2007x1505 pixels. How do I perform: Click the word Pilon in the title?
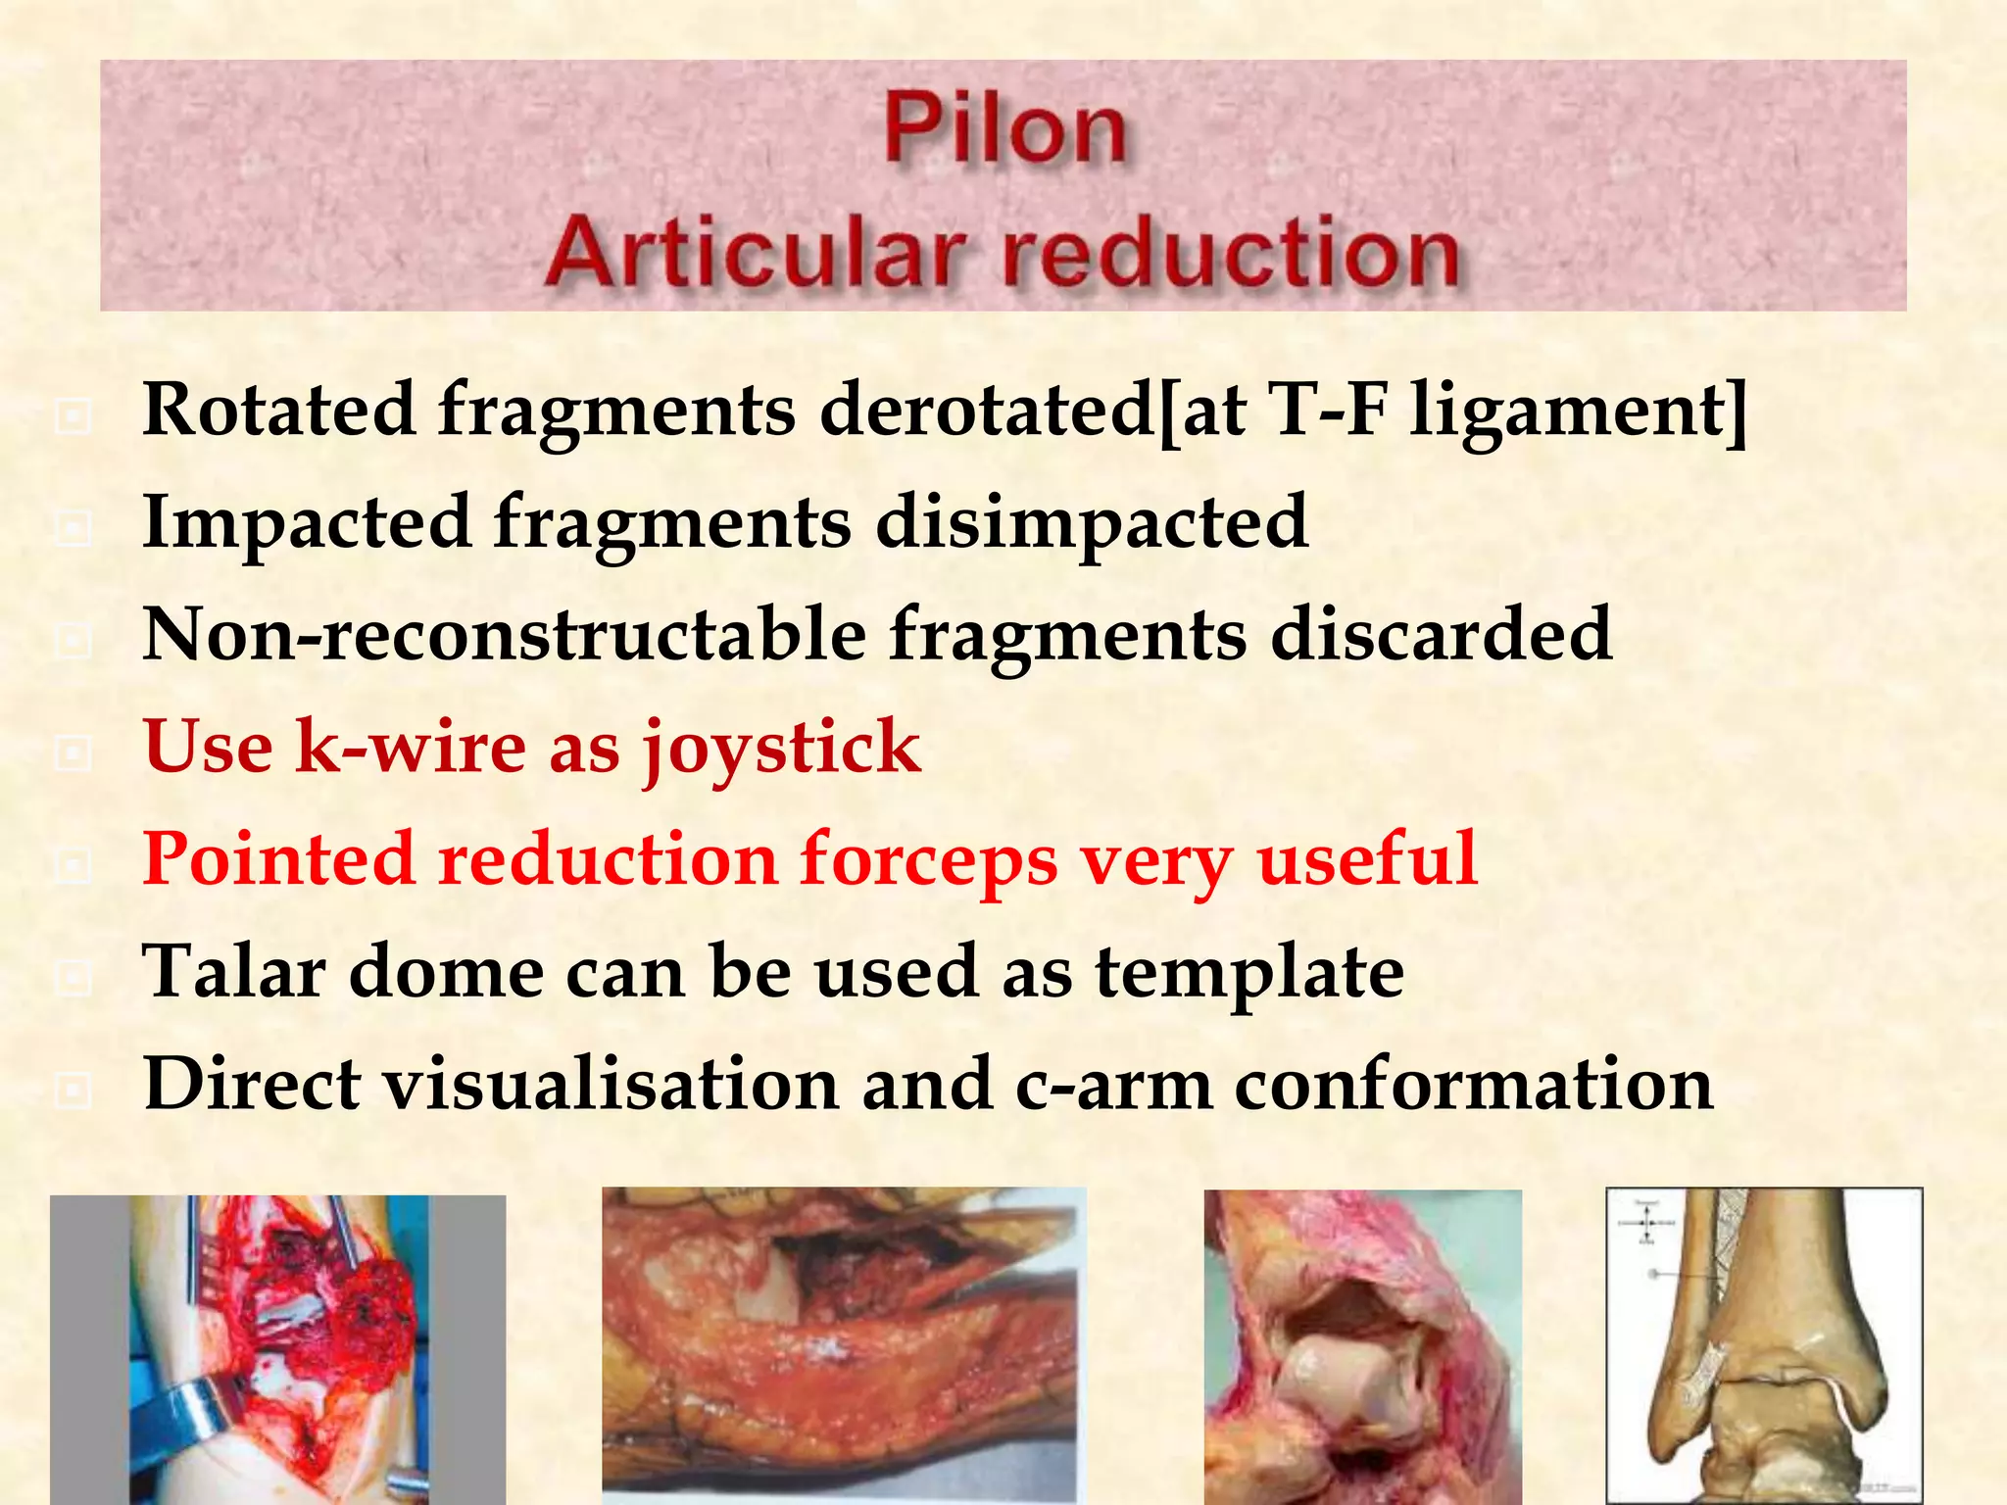[1004, 128]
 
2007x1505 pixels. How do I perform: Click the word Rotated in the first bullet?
[278, 410]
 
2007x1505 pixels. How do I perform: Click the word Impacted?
[306, 522]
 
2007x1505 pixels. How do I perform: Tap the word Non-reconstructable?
[504, 635]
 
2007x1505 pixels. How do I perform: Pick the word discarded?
[1441, 635]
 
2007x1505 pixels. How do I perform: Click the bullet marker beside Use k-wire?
[73, 753]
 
